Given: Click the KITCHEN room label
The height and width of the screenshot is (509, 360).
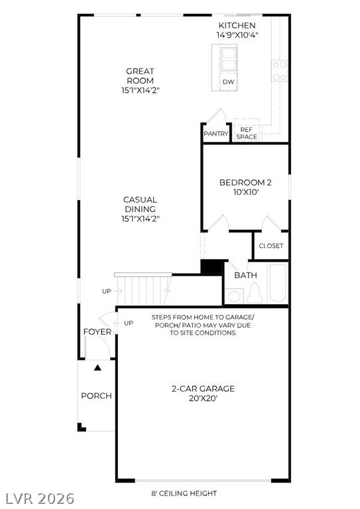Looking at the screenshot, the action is coord(237,25).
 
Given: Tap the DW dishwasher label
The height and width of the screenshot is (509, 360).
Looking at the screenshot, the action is coord(228,82).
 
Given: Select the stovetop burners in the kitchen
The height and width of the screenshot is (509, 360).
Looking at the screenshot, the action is coord(280,71).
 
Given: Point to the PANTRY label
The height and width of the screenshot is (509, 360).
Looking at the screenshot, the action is coord(216,133).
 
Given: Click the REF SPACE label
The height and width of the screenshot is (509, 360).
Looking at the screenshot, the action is coord(247,133).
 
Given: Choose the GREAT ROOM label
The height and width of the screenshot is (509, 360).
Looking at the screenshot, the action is coord(141,76).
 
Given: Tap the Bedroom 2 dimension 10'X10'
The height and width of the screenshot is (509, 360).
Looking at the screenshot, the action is coord(246,192).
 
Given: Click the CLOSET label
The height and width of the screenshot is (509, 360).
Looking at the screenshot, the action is coord(271,246).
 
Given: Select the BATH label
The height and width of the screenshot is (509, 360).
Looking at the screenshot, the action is coord(246,275).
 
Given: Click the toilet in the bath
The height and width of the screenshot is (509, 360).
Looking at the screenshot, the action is coord(255,294).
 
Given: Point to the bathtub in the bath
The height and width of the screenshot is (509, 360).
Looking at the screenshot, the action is coord(278,283).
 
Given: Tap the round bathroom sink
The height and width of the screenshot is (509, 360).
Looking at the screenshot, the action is coord(234,296).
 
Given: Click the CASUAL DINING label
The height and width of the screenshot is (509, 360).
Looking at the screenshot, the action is coord(141,204).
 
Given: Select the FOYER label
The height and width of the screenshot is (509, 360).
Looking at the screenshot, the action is coord(97,332).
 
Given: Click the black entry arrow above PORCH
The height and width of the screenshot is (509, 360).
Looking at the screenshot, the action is coord(97,368).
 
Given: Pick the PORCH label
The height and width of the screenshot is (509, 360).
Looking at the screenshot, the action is coord(96,396).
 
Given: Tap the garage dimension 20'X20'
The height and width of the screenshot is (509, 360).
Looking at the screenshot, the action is coord(204,398).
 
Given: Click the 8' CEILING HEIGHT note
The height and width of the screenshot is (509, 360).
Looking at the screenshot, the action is coord(184,493).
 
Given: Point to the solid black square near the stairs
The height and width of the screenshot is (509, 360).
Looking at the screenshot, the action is coord(212,267).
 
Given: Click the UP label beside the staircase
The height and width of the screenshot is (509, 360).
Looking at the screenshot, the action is coord(107,291).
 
